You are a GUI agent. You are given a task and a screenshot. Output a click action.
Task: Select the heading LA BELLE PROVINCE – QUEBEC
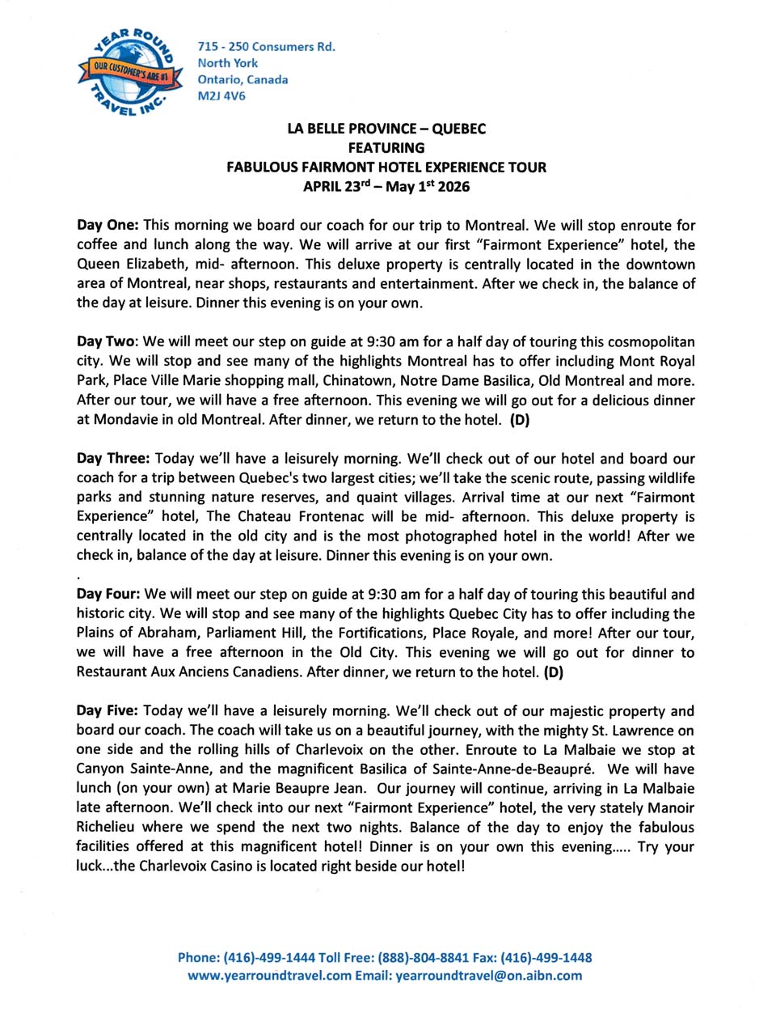386,129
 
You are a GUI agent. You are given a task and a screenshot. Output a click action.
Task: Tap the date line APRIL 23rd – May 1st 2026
386,186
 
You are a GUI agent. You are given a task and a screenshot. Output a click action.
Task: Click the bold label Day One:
108,226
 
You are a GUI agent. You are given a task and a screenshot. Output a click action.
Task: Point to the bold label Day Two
106,342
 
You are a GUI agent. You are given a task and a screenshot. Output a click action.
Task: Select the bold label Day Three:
113,459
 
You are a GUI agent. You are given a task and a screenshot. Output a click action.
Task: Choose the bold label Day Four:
108,595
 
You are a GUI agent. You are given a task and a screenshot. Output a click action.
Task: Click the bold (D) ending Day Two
520,420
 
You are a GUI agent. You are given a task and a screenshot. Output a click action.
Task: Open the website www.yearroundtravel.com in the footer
269,976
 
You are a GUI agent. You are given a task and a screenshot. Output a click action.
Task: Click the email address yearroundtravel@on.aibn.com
488,976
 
